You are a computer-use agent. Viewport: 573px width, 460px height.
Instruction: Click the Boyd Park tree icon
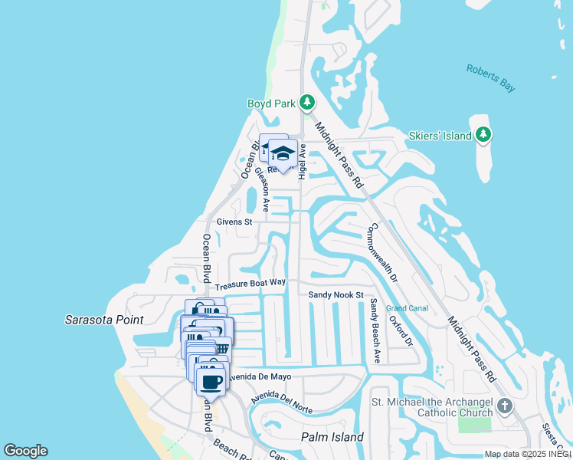307,102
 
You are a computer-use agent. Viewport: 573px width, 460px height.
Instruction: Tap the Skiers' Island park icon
483,136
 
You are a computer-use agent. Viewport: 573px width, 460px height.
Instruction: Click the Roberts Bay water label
490,78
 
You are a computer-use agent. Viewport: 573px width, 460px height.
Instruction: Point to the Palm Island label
332,437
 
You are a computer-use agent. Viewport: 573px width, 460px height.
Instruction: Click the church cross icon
504,406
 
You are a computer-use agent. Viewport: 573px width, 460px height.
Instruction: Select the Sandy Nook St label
336,294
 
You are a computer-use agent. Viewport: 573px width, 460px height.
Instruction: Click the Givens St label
234,222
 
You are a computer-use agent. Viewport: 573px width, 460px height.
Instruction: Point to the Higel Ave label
302,161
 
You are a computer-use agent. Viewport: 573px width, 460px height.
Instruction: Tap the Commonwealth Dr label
383,253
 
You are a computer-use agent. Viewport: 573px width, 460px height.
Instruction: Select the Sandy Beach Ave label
375,330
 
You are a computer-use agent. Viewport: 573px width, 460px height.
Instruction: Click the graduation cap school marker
283,153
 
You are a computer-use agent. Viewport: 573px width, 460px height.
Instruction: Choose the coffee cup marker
211,380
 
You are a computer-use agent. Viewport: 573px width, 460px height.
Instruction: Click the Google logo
25,451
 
